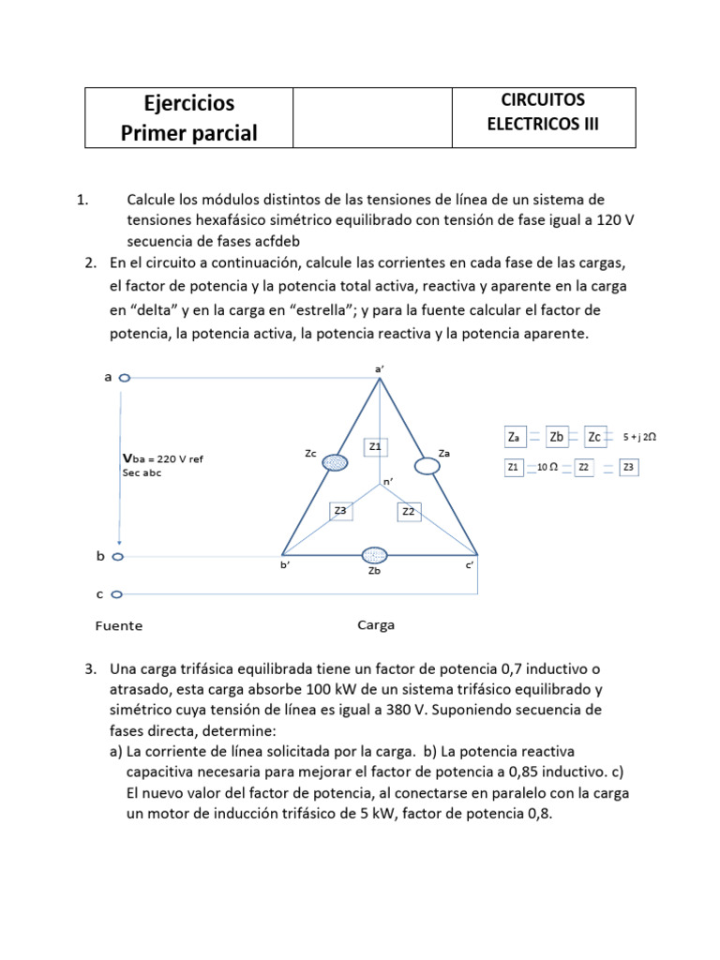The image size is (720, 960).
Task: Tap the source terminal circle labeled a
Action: (125, 378)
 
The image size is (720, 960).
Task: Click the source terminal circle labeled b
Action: (117, 556)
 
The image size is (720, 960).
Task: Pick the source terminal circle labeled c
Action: (117, 593)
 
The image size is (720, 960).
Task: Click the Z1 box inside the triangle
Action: (375, 447)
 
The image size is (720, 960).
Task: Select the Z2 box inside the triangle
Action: (409, 512)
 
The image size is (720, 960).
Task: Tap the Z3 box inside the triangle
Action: (340, 511)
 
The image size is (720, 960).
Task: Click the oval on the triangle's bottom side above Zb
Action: (375, 555)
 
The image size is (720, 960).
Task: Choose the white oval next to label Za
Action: (427, 466)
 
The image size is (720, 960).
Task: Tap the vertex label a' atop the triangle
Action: (380, 369)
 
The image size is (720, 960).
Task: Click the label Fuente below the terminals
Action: (119, 625)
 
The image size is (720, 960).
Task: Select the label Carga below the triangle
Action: (376, 624)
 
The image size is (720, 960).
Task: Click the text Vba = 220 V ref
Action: (163, 458)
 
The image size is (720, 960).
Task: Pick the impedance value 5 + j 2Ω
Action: (641, 437)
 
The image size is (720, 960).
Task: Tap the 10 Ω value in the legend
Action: (547, 467)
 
